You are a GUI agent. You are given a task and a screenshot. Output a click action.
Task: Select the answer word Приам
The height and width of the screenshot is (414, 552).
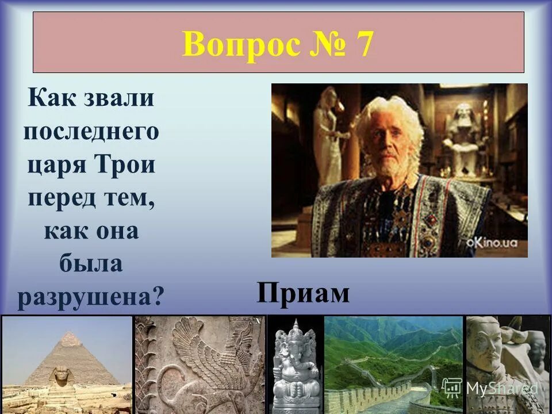point(303,293)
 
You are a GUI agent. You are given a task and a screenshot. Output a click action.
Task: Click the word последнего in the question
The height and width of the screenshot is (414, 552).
point(91,132)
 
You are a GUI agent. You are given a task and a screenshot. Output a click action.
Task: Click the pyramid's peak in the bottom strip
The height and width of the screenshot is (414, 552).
point(69,336)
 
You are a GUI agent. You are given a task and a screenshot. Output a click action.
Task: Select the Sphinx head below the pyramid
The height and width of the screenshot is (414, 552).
point(60,377)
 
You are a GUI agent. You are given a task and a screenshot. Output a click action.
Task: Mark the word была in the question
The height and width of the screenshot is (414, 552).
point(90,264)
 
